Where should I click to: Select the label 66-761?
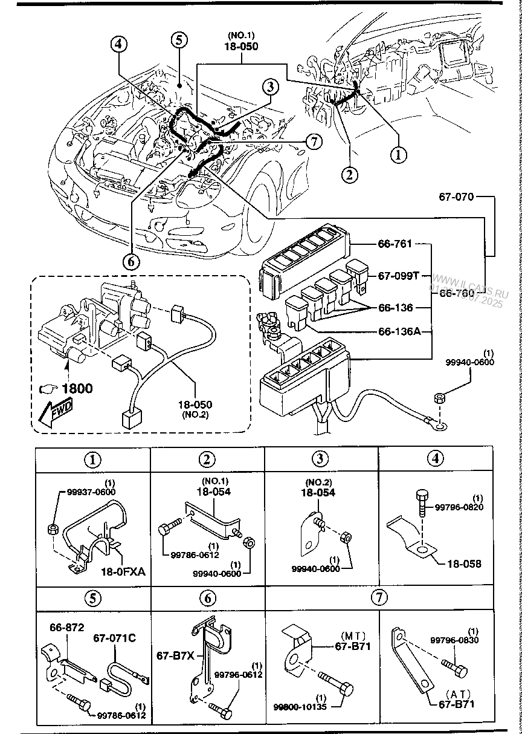(395, 244)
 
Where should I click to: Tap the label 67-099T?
(398, 276)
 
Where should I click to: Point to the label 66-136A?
(399, 331)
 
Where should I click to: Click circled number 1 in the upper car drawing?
(398, 154)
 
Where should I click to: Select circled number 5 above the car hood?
(179, 40)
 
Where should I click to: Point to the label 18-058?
(464, 563)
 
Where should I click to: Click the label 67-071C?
(114, 638)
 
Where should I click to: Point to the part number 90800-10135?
(299, 706)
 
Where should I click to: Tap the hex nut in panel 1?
(53, 530)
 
